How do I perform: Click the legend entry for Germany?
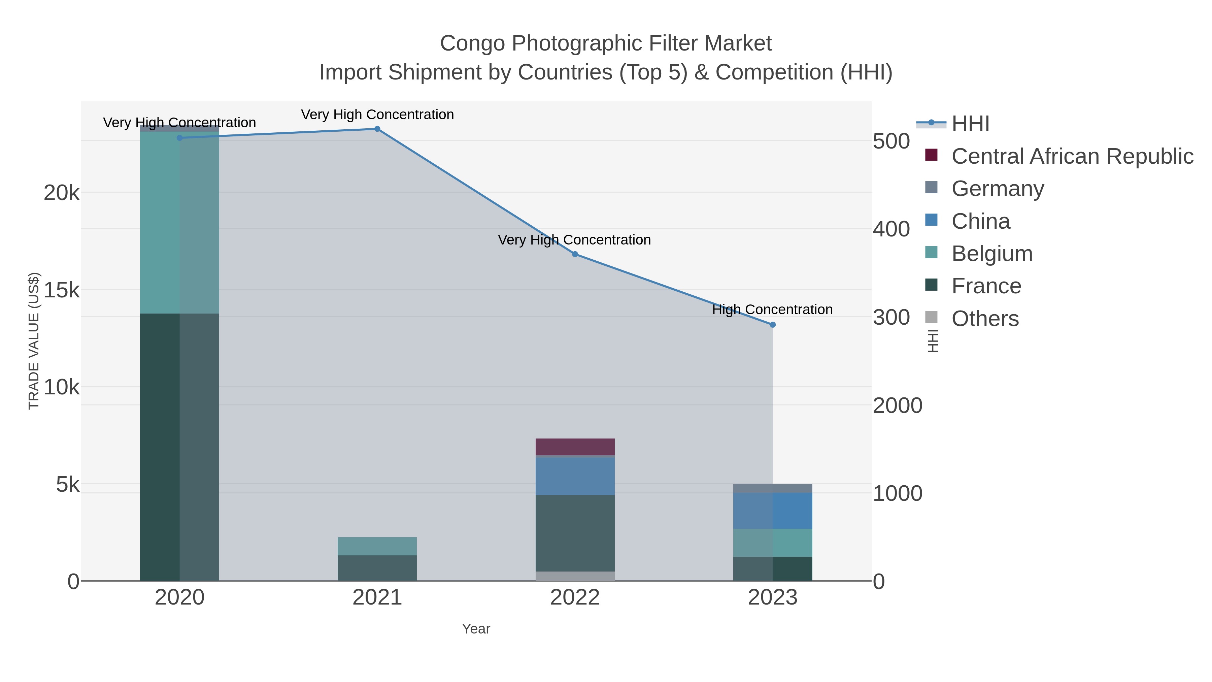998,188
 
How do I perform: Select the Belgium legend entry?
992,253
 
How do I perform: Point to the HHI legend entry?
970,124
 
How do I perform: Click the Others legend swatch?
931,318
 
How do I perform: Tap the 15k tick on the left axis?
62,290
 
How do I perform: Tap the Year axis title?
476,629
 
